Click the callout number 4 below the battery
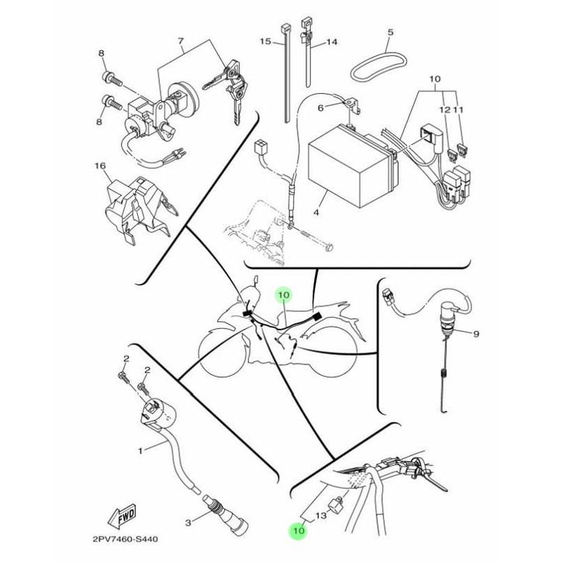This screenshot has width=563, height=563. pos(316,211)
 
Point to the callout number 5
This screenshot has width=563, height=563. pos(390,33)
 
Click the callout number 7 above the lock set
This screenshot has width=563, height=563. pos(181,40)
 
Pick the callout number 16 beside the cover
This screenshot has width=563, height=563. pos(99,166)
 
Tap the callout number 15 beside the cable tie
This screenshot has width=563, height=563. pos(264,41)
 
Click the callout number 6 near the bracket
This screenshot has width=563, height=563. pos(319,108)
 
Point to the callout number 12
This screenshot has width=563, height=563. pos(444,110)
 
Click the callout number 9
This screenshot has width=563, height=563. pos(476,333)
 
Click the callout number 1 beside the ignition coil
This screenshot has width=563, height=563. pos(140,449)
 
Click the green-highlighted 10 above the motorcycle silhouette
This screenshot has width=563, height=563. pos(283,295)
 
